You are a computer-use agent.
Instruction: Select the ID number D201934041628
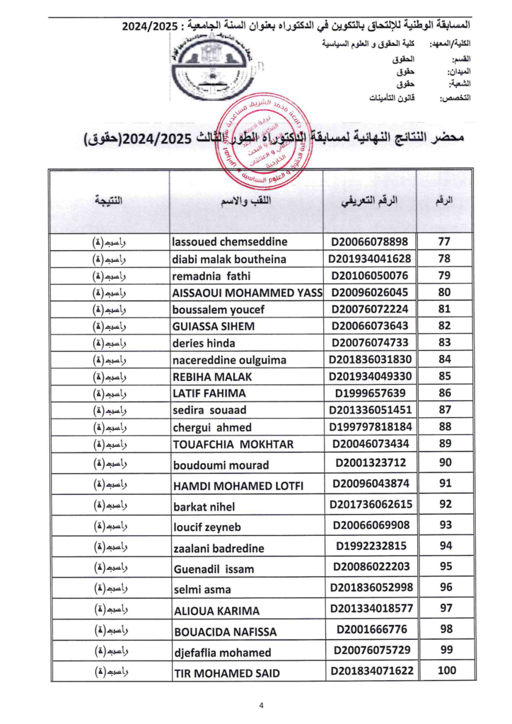[369, 259]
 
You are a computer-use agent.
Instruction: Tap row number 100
[446, 671]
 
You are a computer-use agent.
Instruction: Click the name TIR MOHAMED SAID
[226, 673]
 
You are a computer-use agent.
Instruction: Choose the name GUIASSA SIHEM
[214, 327]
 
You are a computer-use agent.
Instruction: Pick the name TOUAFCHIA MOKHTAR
[233, 444]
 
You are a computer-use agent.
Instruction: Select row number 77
[445, 242]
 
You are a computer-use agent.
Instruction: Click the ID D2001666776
[369, 629]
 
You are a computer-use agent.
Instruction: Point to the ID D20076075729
[369, 650]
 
